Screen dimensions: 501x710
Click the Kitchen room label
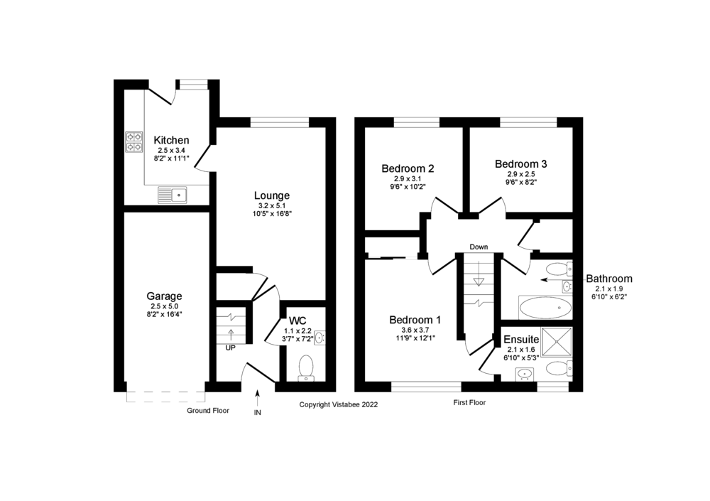172,140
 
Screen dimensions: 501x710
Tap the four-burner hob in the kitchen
134,142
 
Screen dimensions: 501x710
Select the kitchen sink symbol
171,193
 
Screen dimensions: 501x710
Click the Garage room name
165,296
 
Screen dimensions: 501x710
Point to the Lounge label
272,195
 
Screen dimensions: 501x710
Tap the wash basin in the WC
319,338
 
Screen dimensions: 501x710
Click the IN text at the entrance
257,413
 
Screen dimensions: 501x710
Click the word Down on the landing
479,247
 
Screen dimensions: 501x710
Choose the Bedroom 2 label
408,168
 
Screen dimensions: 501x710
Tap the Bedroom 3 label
521,163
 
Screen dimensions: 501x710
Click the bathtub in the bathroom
545,308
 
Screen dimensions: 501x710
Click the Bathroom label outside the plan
608,279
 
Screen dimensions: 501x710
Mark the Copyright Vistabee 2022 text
339,404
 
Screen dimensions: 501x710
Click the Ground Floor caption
208,411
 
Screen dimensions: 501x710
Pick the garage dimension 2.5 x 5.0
165,306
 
